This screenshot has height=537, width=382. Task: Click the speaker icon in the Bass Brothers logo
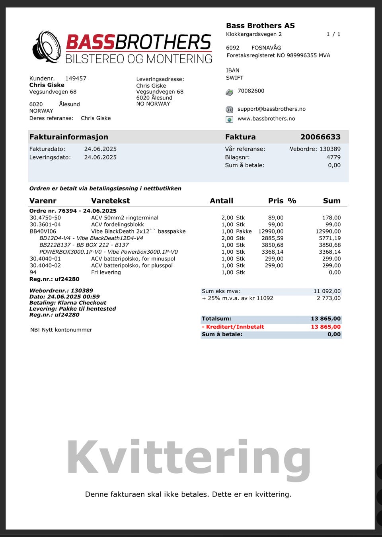(47, 47)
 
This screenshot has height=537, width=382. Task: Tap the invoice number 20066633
(320, 137)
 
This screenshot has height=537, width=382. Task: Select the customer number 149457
(76, 78)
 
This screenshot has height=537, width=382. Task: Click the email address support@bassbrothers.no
(271, 109)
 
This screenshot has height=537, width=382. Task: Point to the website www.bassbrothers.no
(266, 119)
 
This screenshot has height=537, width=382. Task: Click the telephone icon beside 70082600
(230, 92)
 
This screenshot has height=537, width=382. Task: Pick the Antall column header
(221, 201)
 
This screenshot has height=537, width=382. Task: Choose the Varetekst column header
(110, 201)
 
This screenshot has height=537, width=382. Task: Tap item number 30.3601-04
(45, 225)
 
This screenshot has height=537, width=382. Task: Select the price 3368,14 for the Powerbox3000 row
(272, 252)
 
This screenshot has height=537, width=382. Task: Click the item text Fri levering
(106, 272)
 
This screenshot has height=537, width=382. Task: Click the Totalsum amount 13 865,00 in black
(325, 319)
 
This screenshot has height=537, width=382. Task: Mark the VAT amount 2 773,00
(329, 298)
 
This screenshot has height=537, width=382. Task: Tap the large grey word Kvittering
(189, 458)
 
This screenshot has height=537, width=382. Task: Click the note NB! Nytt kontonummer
(61, 330)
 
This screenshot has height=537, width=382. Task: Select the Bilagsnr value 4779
(333, 157)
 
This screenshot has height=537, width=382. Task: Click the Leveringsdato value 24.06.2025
(100, 157)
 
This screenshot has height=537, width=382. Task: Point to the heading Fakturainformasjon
(69, 137)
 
